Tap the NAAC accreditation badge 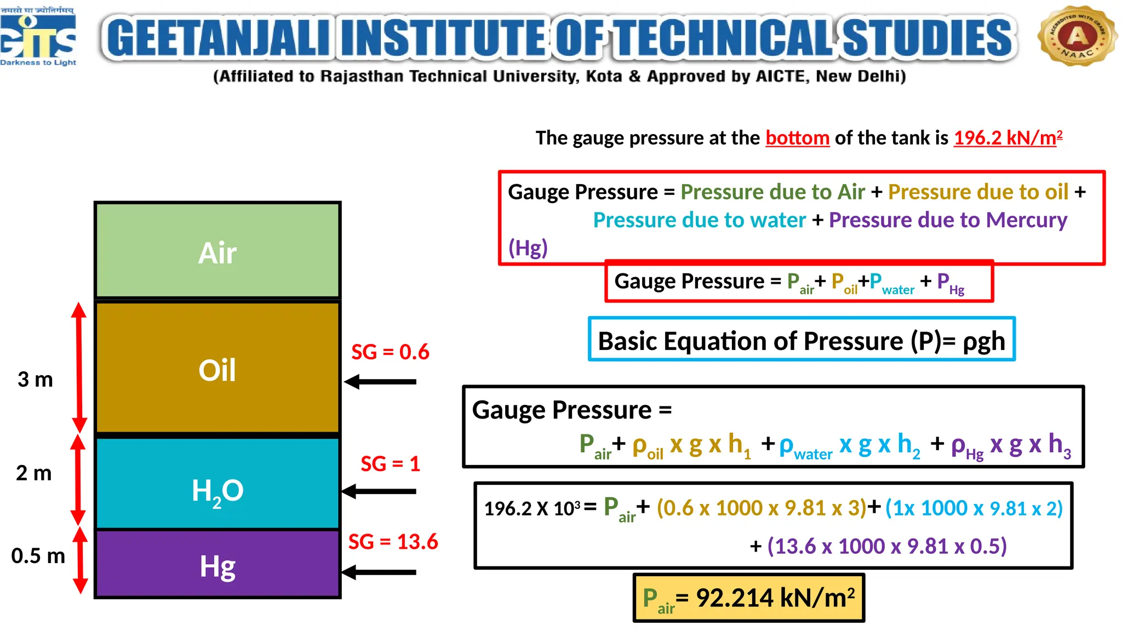(1077, 36)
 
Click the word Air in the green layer (217, 253)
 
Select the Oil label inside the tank (217, 370)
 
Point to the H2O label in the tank (217, 491)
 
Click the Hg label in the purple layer (217, 566)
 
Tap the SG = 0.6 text (390, 352)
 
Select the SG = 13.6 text (393, 542)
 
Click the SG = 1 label (390, 464)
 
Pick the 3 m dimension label (35, 379)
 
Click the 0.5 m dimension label (38, 555)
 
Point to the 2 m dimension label (34, 473)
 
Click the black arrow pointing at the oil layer (380, 382)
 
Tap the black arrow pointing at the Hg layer (379, 572)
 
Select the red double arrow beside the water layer (78, 480)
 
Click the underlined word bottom (797, 138)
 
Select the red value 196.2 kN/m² (1007, 137)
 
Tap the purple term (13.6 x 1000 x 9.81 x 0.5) (886, 546)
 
